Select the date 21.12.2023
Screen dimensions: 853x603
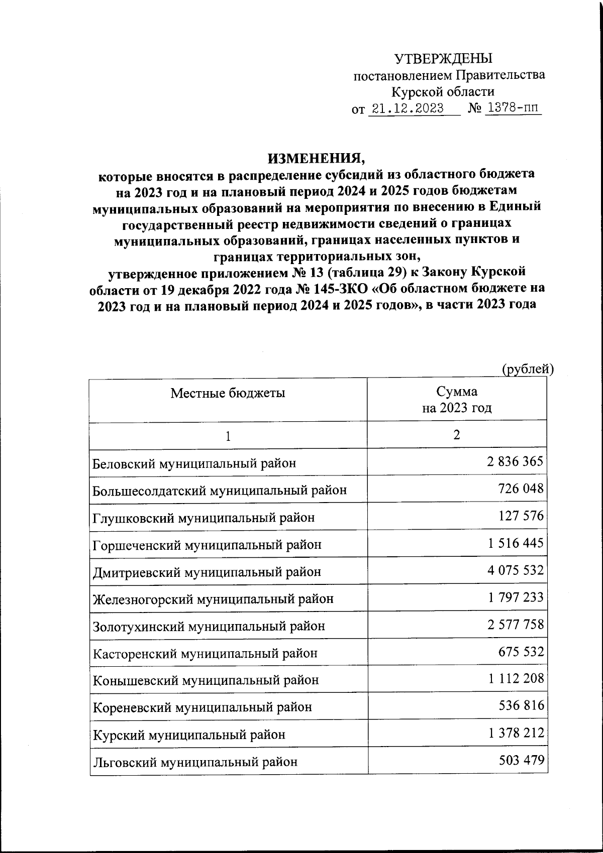pos(407,108)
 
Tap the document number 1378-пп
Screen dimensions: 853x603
pos(512,108)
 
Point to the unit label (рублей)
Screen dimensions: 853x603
pos(528,369)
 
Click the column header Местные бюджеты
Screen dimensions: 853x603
pos(228,393)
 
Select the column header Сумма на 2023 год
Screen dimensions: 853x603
pos(456,400)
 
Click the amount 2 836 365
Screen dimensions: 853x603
pos(515,461)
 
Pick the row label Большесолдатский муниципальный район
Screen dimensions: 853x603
pos(220,490)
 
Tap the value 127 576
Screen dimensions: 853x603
pos(521,516)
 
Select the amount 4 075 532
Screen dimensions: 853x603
pos(515,570)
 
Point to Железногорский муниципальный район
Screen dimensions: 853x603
pos(213,598)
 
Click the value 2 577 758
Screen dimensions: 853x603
pos(515,625)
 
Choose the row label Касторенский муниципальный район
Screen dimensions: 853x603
pos(205,653)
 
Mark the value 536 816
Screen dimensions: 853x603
pos(521,706)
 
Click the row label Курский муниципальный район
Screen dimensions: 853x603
pos(189,735)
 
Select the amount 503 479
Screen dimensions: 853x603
pos(521,761)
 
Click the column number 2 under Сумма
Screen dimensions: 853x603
pos(456,435)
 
